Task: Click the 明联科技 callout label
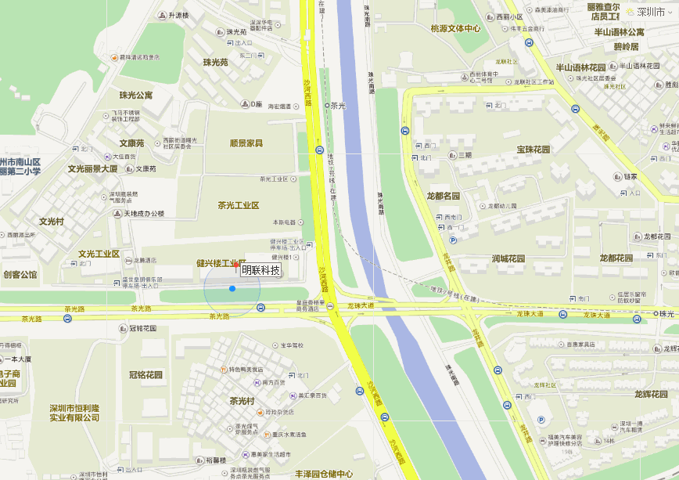pos(260,270)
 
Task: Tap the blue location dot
pos(232,289)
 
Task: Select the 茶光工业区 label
pos(239,205)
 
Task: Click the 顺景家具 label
pos(246,143)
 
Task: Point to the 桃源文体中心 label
pos(455,28)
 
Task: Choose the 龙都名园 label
pos(444,196)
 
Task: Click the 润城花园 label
pos(508,258)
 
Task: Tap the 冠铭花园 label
pos(145,374)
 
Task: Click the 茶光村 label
pos(242,401)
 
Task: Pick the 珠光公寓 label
pos(136,95)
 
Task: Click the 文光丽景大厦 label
pos(92,168)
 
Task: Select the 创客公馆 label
pos(20,275)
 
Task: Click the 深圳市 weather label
pos(650,12)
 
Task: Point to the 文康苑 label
pos(131,143)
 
